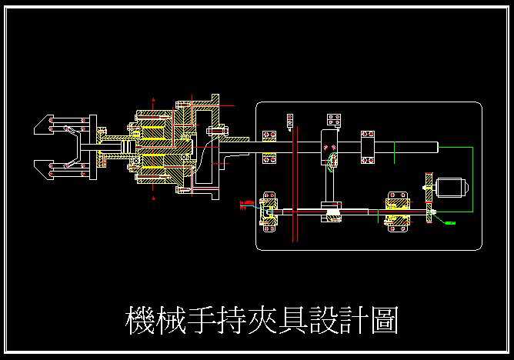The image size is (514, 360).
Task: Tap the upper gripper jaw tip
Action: pyautogui.click(x=41, y=125)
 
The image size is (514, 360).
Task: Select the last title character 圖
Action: pyautogui.click(x=382, y=322)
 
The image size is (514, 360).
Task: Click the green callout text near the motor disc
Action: pyautogui.click(x=450, y=223)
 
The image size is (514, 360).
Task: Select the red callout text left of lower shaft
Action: pyautogui.click(x=245, y=203)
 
